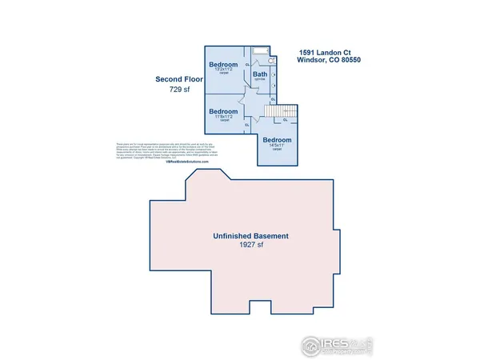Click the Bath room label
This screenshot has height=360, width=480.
click(260, 74)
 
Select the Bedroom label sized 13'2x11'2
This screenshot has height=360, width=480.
click(223, 64)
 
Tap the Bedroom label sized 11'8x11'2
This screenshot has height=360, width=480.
click(223, 111)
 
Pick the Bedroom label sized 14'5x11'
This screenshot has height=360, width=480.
click(278, 141)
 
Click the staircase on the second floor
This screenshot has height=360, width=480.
click(284, 109)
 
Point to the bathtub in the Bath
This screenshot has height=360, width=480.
click(261, 50)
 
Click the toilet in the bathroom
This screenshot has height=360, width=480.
click(272, 60)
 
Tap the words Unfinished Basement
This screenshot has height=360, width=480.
click(250, 237)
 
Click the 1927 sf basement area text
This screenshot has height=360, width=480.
click(250, 246)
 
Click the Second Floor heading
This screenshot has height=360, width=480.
click(179, 80)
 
